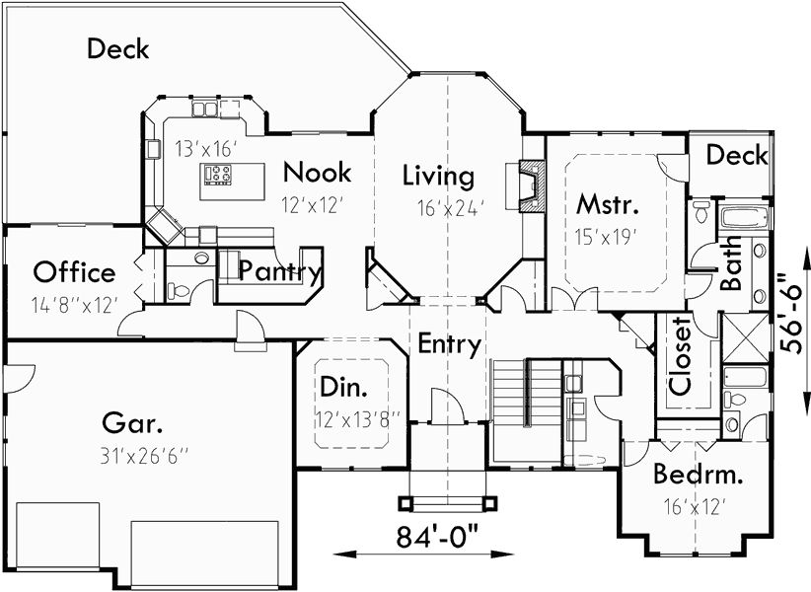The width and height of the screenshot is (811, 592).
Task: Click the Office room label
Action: click(x=74, y=272)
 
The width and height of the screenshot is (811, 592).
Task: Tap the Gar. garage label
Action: click(x=132, y=424)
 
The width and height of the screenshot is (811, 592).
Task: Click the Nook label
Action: click(x=316, y=173)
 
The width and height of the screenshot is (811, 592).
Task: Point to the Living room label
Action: click(x=438, y=177)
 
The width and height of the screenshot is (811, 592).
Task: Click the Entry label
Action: click(x=449, y=344)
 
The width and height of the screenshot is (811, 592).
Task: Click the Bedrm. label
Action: click(x=699, y=476)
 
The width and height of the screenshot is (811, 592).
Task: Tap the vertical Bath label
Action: click(x=732, y=269)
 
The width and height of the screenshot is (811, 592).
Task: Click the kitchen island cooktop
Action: click(x=218, y=175)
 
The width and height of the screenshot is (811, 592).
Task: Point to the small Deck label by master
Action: click(x=737, y=155)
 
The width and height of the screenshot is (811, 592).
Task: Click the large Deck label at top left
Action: click(x=117, y=47)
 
